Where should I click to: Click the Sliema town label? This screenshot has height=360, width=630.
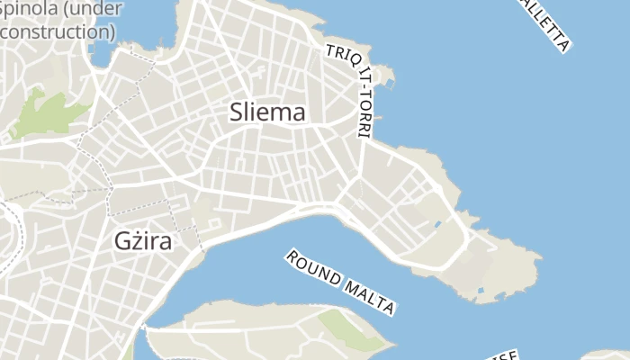(267, 112)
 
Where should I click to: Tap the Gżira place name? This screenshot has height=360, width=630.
(143, 241)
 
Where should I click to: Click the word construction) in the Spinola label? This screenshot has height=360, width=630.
(58, 31)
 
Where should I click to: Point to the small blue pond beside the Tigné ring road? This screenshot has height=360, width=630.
(438, 222)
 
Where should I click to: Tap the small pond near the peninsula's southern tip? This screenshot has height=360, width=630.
(480, 291)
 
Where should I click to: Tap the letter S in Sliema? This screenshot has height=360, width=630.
(237, 112)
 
